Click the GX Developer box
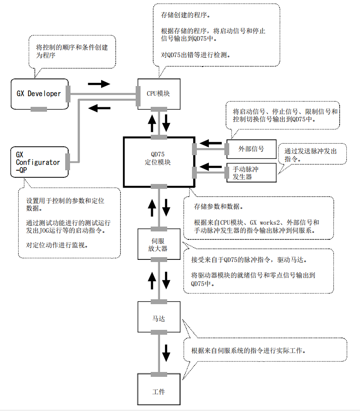tap(39, 94)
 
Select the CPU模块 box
tap(158, 94)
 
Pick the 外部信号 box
tap(251, 149)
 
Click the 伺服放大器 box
tap(158, 244)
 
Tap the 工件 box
tap(158, 392)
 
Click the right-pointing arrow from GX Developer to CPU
tap(98, 83)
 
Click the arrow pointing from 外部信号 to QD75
tap(211, 143)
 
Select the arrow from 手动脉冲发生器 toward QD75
tap(211, 167)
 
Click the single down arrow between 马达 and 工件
tap(166, 352)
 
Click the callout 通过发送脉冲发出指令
tap(310, 155)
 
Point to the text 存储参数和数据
tap(218, 207)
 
